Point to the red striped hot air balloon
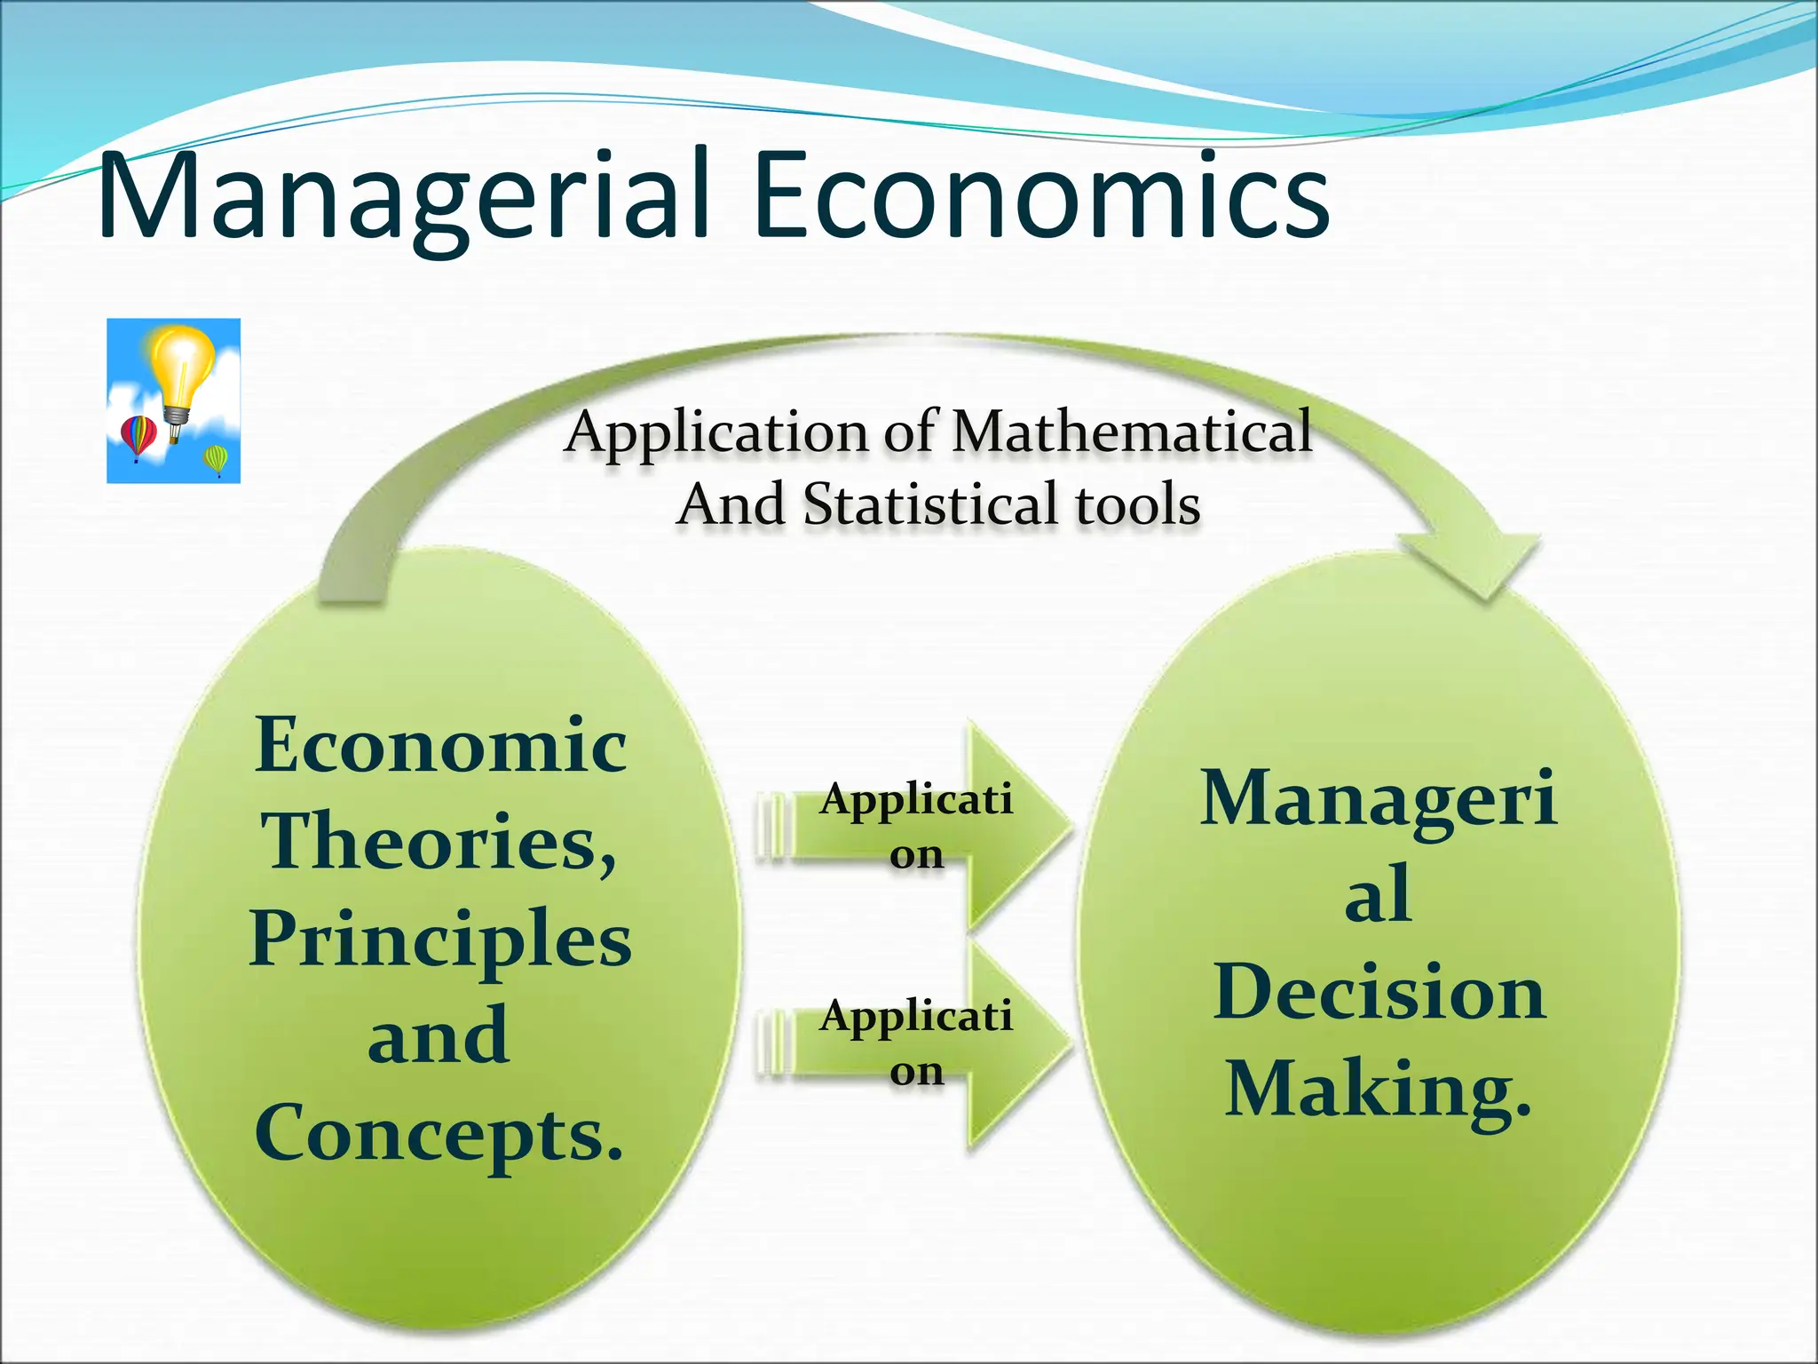point(138,435)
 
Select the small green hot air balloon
point(216,459)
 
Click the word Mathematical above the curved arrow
point(1132,432)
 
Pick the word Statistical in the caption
point(932,504)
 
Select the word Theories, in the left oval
point(440,842)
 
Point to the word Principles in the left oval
point(440,940)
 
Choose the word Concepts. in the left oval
point(440,1133)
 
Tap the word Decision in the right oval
point(1379,993)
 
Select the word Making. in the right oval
point(1379,1090)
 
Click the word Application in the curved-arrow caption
point(715,432)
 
